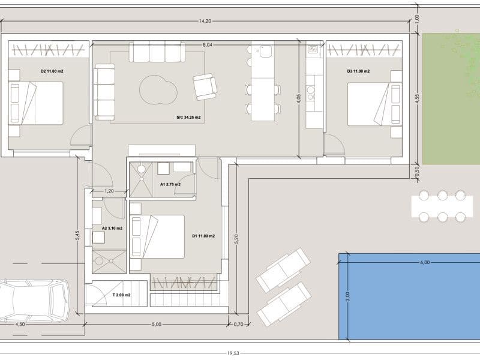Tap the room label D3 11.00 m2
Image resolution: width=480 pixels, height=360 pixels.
pos(358,71)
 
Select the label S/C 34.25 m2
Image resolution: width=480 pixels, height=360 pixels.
pos(188,117)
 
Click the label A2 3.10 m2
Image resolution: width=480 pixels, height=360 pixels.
pos(112,229)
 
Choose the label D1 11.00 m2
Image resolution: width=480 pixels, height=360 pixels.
pos(203,236)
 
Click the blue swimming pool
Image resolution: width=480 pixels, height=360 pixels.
pos(408,296)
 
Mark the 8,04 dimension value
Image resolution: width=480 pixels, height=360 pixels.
pos(208,45)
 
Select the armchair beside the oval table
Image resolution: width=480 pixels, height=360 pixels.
pos(205,86)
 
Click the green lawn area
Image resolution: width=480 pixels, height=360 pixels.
pos(451,99)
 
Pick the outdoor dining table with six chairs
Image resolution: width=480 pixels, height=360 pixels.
pos(442,206)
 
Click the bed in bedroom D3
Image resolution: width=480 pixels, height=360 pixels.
pos(374,103)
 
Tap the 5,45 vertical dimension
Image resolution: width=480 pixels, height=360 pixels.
pos(77,236)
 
